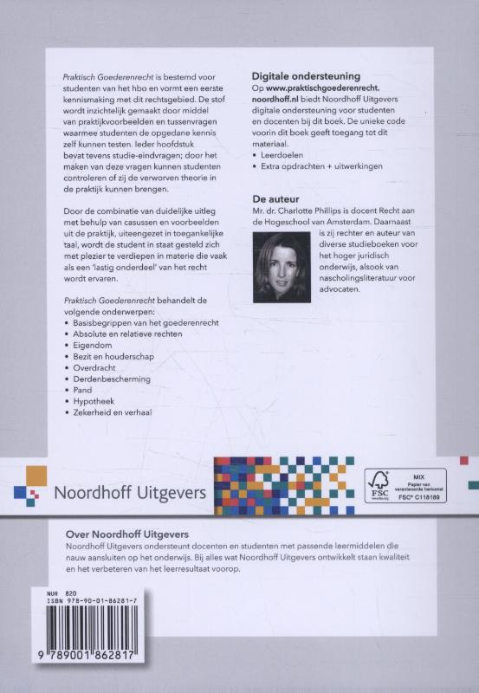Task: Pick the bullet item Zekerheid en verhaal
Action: [113, 415]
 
